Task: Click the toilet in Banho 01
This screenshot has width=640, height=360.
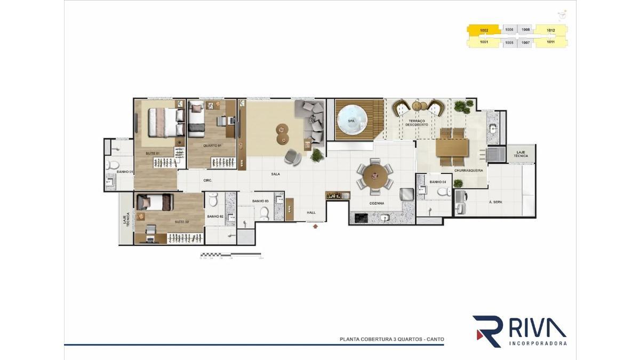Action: tap(113, 165)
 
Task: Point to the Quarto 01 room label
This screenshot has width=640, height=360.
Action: tap(212, 145)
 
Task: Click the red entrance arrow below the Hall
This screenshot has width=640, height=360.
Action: tap(315, 226)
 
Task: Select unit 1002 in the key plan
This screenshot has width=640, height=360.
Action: tap(484, 30)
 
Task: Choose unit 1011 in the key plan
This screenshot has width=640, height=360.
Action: tap(550, 42)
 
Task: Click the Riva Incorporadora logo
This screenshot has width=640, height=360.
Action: tap(519, 331)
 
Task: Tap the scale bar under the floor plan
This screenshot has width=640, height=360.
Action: tap(230, 255)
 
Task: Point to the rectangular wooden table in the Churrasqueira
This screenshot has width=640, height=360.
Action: tap(452, 147)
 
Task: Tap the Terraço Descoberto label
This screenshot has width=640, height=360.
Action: tap(417, 123)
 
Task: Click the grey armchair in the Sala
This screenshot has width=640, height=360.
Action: tap(292, 157)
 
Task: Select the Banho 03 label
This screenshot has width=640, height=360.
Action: tap(260, 201)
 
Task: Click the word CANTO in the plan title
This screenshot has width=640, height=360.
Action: tap(434, 339)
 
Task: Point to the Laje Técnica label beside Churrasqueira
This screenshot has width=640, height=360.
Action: tap(521, 154)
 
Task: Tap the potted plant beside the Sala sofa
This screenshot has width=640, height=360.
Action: tap(317, 155)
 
